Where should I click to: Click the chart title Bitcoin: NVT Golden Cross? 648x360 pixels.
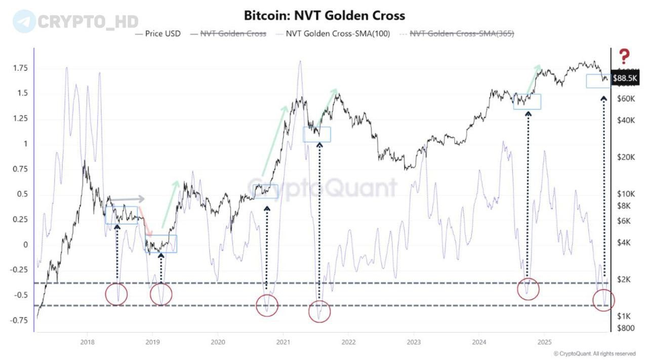[x=324, y=15]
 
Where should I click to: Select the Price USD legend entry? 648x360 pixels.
[x=158, y=34]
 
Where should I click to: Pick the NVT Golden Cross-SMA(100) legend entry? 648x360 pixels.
[x=333, y=34]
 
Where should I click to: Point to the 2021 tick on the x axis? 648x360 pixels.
[x=283, y=341]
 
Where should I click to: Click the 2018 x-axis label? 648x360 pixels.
[x=87, y=341]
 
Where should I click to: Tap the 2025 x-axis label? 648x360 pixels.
[x=544, y=341]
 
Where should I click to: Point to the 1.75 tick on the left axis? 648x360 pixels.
[x=20, y=68]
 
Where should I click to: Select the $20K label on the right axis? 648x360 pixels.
[x=626, y=157]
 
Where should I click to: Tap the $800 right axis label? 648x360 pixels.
[x=626, y=328]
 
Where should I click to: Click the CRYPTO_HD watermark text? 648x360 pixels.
[x=81, y=22]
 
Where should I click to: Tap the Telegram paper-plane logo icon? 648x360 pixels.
[x=24, y=21]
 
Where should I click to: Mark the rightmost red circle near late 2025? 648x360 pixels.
[x=603, y=300]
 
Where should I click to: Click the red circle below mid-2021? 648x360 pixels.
[x=319, y=311]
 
